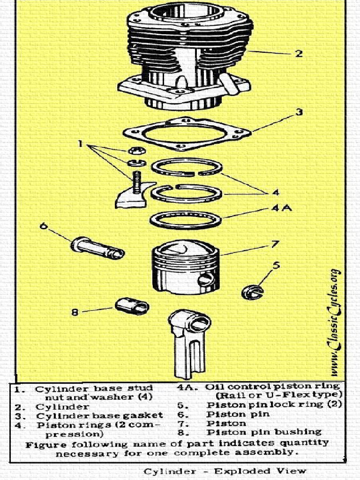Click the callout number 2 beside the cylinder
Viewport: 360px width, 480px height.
pyautogui.click(x=299, y=53)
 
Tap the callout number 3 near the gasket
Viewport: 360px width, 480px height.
pyautogui.click(x=299, y=112)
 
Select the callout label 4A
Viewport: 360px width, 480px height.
pyautogui.click(x=281, y=208)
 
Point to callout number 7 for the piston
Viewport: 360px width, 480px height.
pyautogui.click(x=275, y=244)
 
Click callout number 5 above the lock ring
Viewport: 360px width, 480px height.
pyautogui.click(x=276, y=265)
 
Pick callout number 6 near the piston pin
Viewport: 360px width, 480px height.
pyautogui.click(x=44, y=226)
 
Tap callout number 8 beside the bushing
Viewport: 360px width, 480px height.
pyautogui.click(x=75, y=312)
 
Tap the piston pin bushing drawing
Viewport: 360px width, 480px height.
pyautogui.click(x=132, y=306)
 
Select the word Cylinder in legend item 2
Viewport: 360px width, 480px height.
pyautogui.click(x=62, y=406)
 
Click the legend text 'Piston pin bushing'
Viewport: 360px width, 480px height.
pyautogui.click(x=264, y=432)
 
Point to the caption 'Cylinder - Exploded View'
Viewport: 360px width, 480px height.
pyautogui.click(x=225, y=471)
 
